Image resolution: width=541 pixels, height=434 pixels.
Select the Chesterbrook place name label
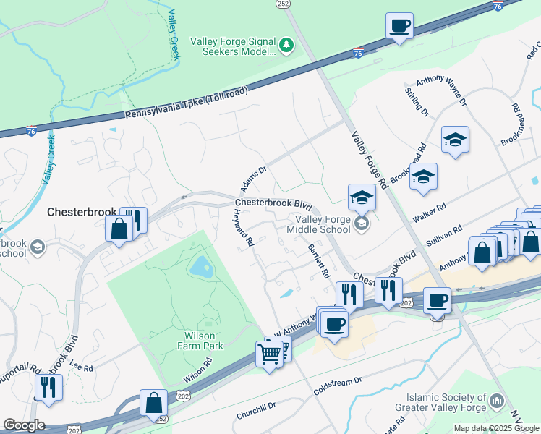pyautogui.click(x=81, y=212)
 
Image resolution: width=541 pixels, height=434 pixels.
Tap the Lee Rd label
pyautogui.click(x=82, y=367)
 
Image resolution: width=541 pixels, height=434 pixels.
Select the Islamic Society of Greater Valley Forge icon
pyautogui.click(x=496, y=401)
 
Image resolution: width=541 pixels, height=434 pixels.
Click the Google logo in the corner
pyautogui.click(x=24, y=425)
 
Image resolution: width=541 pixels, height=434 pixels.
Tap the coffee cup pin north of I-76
pyautogui.click(x=399, y=27)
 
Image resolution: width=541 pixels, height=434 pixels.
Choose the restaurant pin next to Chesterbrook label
pyautogui.click(x=133, y=219)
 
